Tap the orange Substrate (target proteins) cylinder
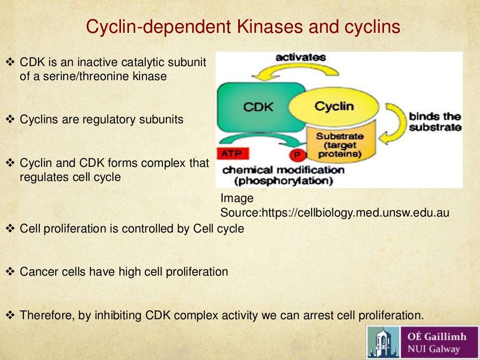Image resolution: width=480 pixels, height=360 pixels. coord(332,145)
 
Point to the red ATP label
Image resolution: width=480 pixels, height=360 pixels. coord(232,153)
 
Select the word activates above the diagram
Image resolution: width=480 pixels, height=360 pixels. coord(300,57)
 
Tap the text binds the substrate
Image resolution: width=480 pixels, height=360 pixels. coord(435,122)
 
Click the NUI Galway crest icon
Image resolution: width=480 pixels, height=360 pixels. coord(383,343)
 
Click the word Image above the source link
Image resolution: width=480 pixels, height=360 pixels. coord(237,198)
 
